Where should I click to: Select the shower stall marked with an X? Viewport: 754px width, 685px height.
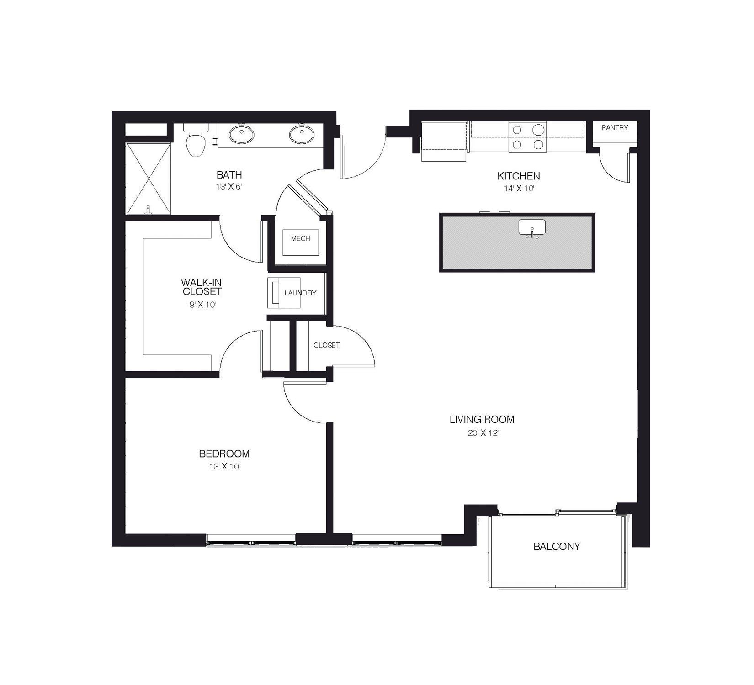[149, 179]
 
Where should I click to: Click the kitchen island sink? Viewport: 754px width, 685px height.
[532, 228]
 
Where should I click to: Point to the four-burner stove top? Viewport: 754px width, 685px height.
[528, 137]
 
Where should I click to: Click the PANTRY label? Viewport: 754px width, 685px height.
[615, 128]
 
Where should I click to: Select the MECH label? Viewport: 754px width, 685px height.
[300, 238]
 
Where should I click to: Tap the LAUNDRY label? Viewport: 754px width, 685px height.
[300, 293]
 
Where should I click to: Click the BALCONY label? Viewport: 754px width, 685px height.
[557, 546]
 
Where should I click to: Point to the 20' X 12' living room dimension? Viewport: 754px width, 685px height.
[482, 433]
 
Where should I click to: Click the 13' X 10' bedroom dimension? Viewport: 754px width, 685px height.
[224, 467]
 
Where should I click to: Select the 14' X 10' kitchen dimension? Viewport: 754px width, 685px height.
[519, 189]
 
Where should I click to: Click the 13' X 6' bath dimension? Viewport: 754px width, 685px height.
[228, 187]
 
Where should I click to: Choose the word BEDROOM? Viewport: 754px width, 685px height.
[224, 454]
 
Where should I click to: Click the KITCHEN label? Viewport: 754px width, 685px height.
[519, 176]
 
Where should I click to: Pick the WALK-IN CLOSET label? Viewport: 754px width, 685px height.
[202, 287]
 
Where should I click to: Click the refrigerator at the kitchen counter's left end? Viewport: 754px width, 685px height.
[444, 142]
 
